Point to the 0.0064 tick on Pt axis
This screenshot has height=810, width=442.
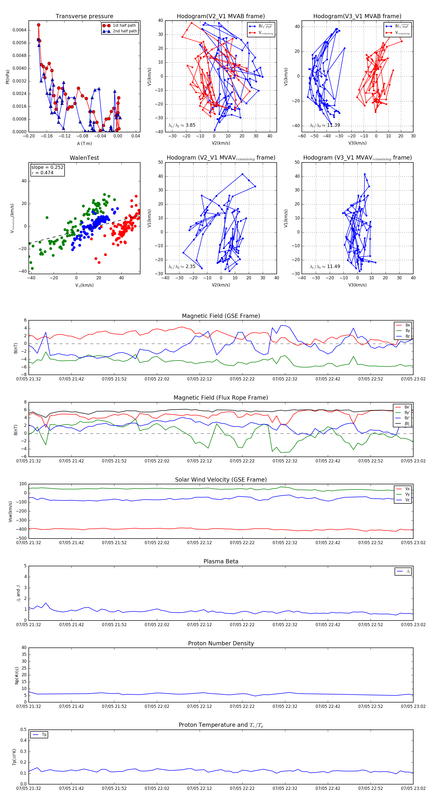(19, 30)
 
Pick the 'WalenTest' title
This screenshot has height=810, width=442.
(84, 158)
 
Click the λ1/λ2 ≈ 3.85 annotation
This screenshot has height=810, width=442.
(182, 125)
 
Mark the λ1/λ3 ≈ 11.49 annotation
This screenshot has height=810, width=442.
(325, 267)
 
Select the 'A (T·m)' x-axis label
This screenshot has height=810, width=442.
(84, 143)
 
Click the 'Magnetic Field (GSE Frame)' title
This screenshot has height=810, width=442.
(221, 316)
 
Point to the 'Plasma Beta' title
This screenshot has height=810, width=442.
(221, 562)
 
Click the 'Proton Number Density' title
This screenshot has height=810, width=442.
(221, 643)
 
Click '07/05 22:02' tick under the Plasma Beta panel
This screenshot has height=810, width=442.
(157, 625)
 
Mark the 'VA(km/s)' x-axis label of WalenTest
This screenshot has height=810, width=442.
(84, 285)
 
